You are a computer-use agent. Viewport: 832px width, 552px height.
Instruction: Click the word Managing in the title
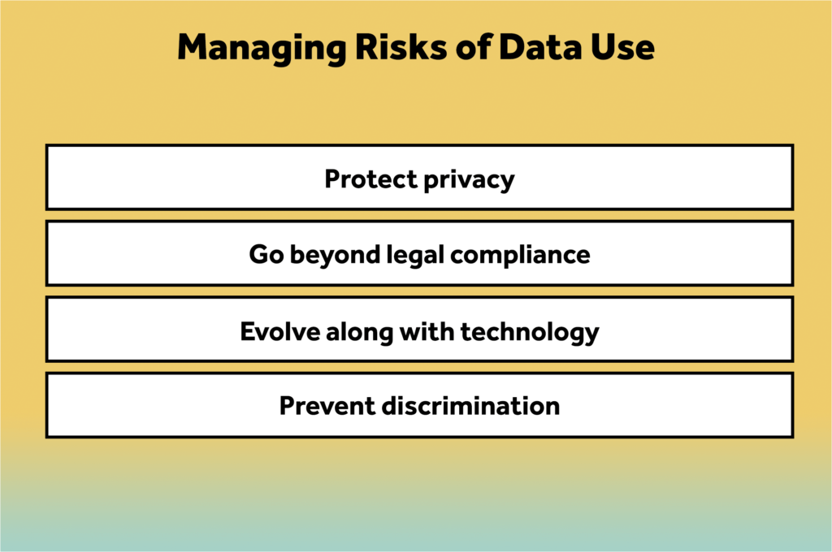262,49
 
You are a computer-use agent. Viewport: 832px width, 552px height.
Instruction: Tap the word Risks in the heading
401,47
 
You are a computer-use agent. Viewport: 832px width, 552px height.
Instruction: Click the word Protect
370,179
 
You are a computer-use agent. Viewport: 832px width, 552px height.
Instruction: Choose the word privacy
469,181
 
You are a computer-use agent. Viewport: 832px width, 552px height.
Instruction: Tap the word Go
266,255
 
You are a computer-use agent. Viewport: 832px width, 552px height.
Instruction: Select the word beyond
336,256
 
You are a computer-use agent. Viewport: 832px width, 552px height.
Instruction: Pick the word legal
415,256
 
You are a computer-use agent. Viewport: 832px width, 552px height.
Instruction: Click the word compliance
520,256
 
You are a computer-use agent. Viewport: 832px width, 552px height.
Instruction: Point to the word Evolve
279,331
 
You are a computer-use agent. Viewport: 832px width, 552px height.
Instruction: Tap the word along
359,333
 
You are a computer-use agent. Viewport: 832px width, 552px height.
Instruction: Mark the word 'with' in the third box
427,331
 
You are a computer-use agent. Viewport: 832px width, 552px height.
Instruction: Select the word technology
530,333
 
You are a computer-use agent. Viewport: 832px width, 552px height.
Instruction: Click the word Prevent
327,406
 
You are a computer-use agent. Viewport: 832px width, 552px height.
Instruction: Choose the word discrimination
470,406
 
